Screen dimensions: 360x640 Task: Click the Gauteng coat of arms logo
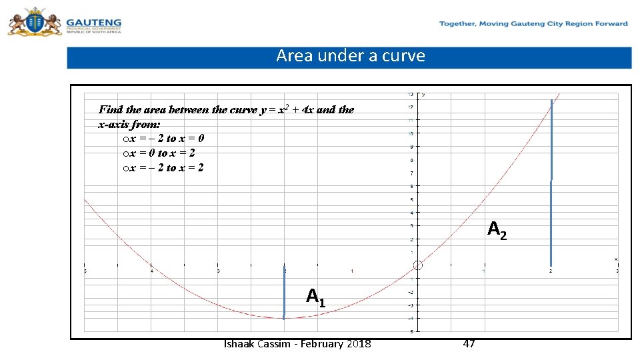pyautogui.click(x=33, y=21)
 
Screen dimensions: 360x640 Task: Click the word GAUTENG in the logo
pyautogui.click(x=93, y=22)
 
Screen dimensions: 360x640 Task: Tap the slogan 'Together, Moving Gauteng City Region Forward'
pyautogui.click(x=533, y=24)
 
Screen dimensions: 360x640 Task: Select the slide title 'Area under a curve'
pyautogui.click(x=351, y=56)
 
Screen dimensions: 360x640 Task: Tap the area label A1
pyautogui.click(x=316, y=296)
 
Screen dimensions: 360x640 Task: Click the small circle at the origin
pyautogui.click(x=418, y=265)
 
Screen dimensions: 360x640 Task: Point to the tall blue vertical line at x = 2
pyautogui.click(x=551, y=180)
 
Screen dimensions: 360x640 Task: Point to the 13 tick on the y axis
pyautogui.click(x=411, y=94)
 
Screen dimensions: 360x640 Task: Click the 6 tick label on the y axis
pyautogui.click(x=411, y=186)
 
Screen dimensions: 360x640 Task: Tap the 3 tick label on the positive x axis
pyautogui.click(x=617, y=271)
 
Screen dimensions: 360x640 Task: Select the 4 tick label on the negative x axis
pyautogui.click(x=152, y=271)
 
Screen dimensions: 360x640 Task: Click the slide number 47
pyautogui.click(x=469, y=344)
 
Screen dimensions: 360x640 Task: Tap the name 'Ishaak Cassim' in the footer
pyautogui.click(x=257, y=344)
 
